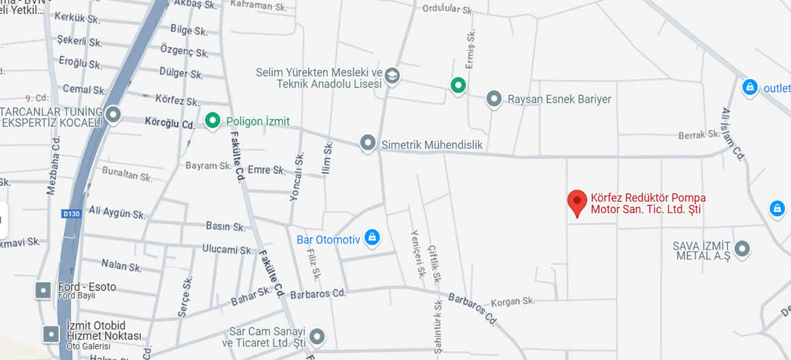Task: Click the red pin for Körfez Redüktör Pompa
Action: click(x=578, y=201)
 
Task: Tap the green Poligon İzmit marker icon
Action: click(x=212, y=120)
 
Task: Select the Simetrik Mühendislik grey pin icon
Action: click(x=368, y=143)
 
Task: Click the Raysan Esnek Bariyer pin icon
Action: click(x=494, y=99)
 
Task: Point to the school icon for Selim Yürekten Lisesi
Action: click(x=392, y=75)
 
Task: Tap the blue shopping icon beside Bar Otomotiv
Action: click(x=373, y=237)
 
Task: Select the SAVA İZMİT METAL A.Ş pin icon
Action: click(x=742, y=249)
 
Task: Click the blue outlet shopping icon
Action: click(x=749, y=87)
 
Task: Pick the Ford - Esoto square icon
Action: click(x=43, y=290)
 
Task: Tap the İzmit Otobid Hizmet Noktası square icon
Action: click(x=52, y=334)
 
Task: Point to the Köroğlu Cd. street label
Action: click(x=169, y=124)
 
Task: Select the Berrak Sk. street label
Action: click(x=699, y=134)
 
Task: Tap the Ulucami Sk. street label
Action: click(x=228, y=250)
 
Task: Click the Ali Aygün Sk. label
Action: click(x=116, y=212)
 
